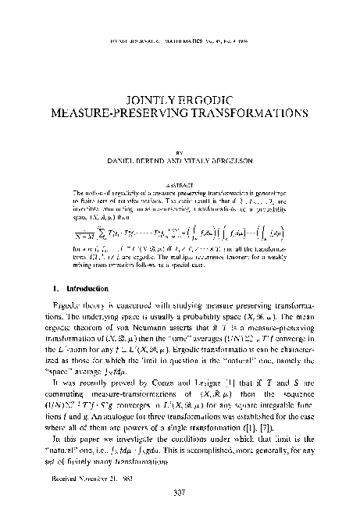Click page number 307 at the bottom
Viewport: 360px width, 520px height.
pyautogui.click(x=180, y=493)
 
